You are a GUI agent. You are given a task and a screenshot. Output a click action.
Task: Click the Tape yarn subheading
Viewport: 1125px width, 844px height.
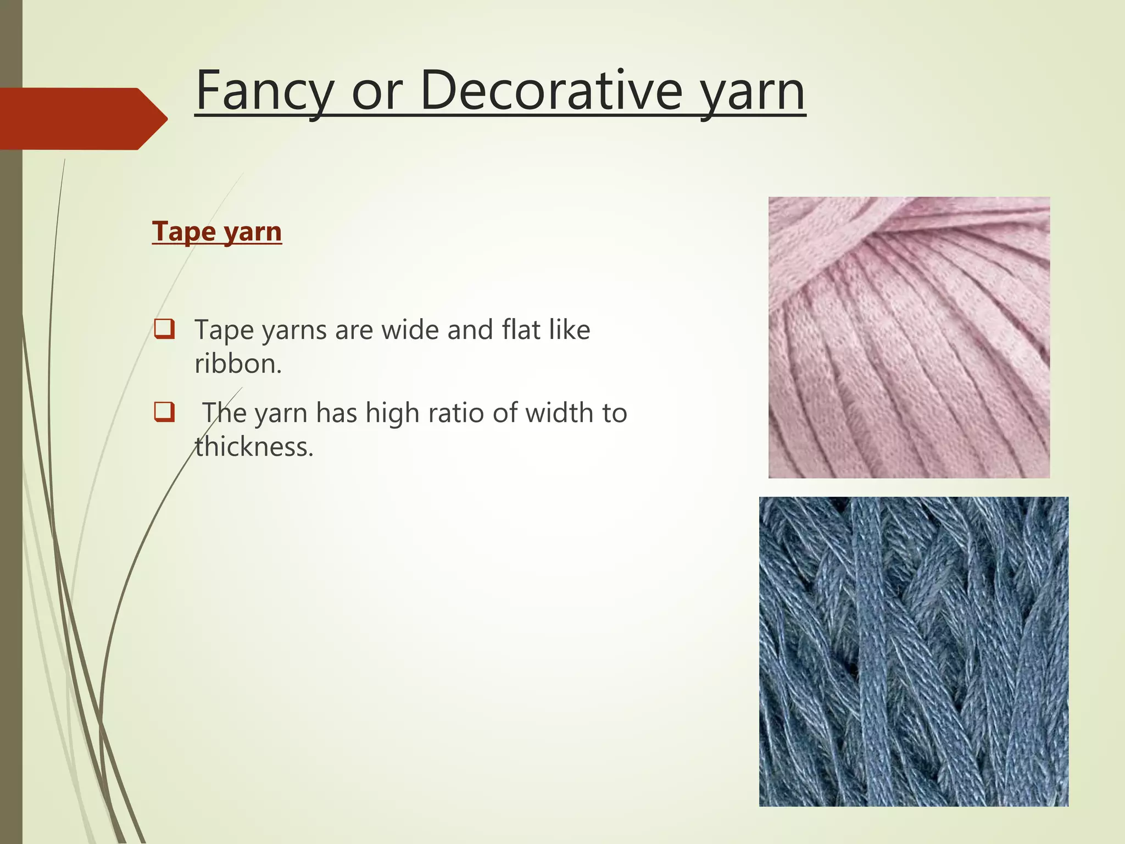[217, 231]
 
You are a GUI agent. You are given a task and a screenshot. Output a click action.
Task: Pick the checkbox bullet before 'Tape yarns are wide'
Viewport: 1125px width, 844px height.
[165, 330]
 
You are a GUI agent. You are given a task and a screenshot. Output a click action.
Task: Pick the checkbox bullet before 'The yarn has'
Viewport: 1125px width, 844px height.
[165, 412]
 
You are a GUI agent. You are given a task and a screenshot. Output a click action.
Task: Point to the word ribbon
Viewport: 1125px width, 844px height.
[238, 363]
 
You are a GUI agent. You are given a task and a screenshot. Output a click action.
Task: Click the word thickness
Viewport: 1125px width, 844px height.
[254, 446]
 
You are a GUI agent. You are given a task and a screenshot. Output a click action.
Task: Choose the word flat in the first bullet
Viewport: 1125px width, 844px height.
[521, 330]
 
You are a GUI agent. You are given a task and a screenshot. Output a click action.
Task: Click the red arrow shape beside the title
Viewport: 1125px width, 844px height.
[82, 119]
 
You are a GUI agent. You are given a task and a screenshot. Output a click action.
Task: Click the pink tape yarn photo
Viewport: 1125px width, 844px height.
[909, 337]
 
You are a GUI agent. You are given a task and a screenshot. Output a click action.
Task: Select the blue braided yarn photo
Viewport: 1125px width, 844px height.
[914, 651]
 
